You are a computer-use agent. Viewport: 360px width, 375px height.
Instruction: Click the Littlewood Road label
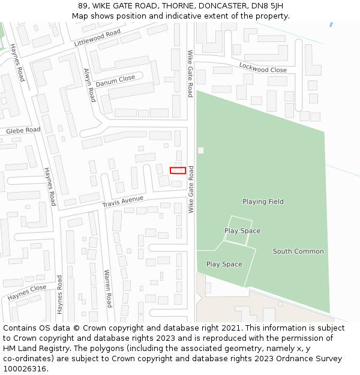97,38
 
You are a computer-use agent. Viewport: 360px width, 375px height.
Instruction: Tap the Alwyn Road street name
89,85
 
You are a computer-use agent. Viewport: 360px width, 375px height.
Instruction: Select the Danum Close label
115,80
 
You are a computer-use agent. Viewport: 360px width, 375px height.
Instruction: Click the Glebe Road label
23,130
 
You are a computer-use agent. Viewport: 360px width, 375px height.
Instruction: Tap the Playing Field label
263,202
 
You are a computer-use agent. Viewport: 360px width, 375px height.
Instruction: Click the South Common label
298,251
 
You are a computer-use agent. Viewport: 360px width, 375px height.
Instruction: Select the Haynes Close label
27,293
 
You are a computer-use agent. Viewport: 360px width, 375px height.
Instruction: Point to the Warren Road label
108,288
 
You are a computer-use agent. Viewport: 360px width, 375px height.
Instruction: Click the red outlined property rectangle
178,170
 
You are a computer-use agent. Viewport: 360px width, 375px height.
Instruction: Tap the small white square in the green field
200,150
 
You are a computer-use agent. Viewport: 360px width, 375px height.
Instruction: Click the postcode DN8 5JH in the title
267,6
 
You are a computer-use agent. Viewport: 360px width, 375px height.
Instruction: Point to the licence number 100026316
25,368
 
